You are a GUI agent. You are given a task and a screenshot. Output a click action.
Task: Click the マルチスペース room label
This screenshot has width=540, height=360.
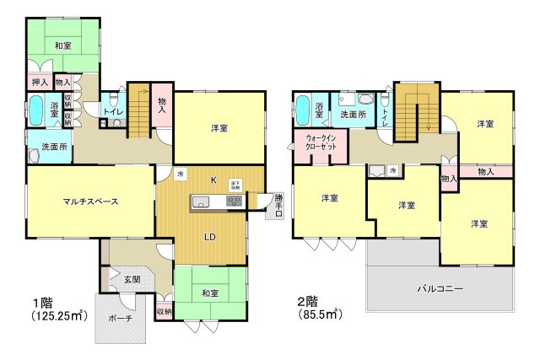(89, 201)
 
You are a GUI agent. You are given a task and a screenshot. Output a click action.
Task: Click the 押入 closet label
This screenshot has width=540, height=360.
(39, 83)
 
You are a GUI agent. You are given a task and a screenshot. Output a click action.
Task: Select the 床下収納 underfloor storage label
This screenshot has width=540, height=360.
(235, 185)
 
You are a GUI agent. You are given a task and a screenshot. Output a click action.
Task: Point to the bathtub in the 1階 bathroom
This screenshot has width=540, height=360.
(37, 110)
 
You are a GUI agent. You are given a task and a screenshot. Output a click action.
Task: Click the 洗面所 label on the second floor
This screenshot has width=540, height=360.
(354, 114)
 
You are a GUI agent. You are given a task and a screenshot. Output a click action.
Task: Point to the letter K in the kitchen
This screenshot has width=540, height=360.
(213, 179)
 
